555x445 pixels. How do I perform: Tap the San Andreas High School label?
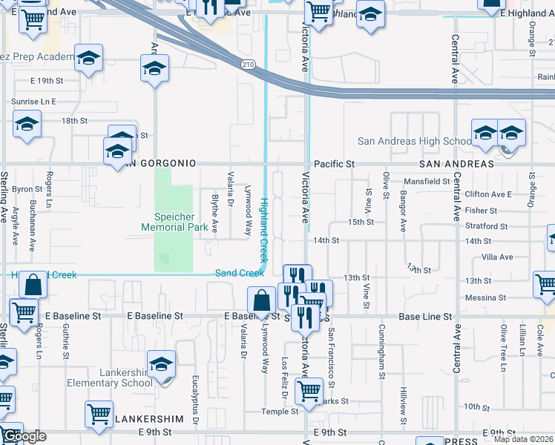414,141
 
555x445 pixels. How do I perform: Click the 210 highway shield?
248,65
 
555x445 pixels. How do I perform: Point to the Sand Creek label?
239,273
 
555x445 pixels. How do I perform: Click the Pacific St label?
335,163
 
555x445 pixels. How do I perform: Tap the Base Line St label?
425,317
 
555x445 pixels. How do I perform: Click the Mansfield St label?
427,182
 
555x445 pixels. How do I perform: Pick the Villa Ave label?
497,257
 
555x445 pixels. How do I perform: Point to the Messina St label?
487,297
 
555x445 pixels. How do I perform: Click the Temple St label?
280,412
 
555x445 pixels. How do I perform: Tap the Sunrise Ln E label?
33,101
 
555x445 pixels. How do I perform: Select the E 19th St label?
48,80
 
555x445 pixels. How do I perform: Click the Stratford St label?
486,226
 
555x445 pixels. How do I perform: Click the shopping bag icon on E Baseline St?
261,301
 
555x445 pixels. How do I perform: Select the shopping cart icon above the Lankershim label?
99,415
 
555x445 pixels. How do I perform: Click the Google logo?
24,435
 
